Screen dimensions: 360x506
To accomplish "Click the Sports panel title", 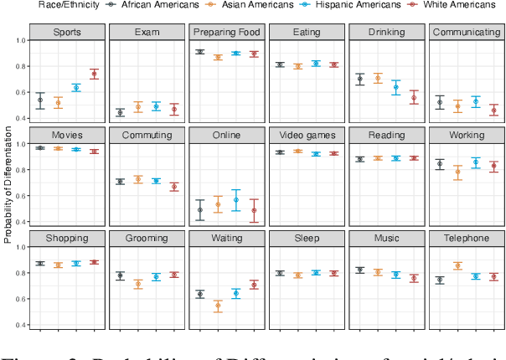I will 68,33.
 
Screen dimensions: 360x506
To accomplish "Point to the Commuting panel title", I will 147,135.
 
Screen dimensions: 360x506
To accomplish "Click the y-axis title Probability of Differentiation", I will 8,183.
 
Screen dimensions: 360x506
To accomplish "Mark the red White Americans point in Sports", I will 94,75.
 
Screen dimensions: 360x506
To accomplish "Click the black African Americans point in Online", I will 200,210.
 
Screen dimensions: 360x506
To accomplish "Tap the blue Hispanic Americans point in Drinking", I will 396,87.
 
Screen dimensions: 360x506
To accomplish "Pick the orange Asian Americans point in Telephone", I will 459,266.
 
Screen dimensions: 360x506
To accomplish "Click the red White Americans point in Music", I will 413,279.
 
